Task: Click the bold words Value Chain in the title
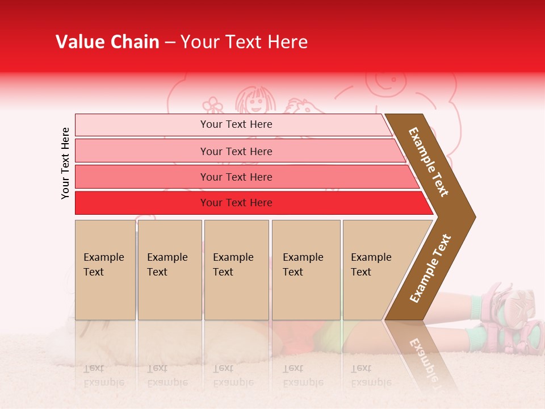point(107,42)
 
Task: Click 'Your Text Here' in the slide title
point(244,42)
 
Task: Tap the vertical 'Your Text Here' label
point(65,163)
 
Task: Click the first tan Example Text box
point(105,269)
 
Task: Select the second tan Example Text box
point(169,269)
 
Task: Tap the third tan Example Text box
point(236,269)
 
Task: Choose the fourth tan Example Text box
point(305,269)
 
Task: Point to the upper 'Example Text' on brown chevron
point(429,162)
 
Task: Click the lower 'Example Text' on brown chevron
point(430,268)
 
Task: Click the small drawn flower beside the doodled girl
point(213,105)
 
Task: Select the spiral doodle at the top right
point(388,81)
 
